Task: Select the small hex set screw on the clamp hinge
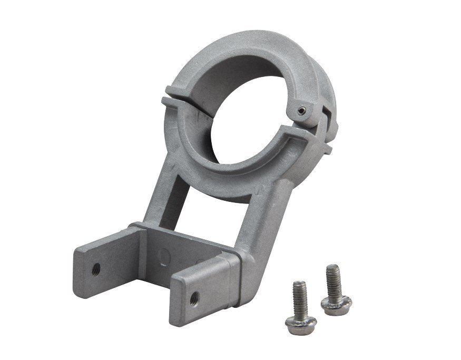[x=300, y=110]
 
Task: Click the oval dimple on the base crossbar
[x=165, y=257]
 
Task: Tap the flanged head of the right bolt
[x=336, y=304]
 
